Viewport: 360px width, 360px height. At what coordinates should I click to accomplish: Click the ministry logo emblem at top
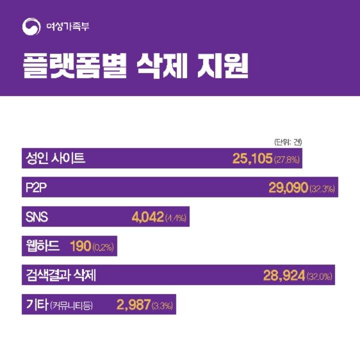30,26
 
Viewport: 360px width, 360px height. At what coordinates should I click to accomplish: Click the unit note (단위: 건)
288,141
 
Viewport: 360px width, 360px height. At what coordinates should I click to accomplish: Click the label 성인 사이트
55,158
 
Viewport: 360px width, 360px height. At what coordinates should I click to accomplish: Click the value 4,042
147,217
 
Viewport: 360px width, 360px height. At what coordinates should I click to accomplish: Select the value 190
80,246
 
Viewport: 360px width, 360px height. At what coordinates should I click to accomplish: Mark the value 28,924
283,275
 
